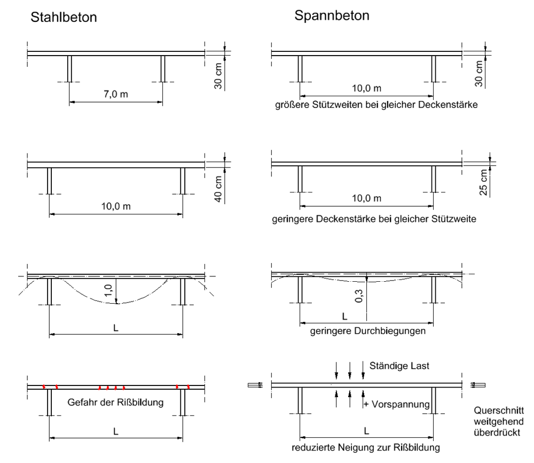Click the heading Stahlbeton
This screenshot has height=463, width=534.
click(64, 17)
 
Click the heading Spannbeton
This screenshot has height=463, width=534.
click(332, 16)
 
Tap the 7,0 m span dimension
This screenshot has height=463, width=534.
click(116, 94)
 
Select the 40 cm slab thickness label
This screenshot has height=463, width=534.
click(218, 189)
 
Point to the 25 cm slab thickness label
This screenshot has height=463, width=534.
click(484, 182)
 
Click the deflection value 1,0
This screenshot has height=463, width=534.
click(108, 290)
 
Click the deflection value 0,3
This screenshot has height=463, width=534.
click(359, 296)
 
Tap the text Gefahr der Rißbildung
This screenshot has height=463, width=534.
click(115, 403)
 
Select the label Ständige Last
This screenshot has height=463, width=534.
click(399, 366)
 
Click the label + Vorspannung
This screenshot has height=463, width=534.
click(396, 404)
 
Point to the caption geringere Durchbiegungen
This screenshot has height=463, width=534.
click(368, 331)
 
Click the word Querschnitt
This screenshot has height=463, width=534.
click(499, 411)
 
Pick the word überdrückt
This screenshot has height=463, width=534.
click(497, 433)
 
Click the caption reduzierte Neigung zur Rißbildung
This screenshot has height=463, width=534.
click(366, 447)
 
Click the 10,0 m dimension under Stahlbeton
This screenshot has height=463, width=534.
click(116, 206)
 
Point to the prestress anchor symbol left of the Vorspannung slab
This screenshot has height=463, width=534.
click(255, 385)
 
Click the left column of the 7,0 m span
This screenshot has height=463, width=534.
click(69, 69)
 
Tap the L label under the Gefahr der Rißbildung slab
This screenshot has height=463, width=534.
click(116, 431)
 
